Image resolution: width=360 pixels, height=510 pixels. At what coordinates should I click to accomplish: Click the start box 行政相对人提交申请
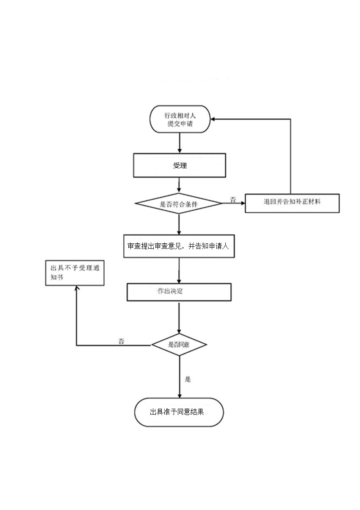pos(180,119)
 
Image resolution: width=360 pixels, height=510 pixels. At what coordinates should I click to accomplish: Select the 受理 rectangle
pos(180,165)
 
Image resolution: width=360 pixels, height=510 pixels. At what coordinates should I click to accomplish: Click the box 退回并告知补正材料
pos(292,203)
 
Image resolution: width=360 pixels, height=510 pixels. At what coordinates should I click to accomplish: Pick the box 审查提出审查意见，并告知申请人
pos(179,246)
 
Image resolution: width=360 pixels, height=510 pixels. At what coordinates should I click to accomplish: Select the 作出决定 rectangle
pos(179,292)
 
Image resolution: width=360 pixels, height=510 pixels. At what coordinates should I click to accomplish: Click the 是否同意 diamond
pos(179,344)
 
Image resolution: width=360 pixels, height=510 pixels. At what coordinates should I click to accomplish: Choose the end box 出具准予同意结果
pos(179,412)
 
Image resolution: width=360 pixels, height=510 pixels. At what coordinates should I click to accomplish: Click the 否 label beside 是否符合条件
pos(233,198)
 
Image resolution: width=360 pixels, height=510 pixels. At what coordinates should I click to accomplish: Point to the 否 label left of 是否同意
pos(121,341)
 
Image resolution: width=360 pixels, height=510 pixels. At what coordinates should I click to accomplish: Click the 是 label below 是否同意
pos(188,379)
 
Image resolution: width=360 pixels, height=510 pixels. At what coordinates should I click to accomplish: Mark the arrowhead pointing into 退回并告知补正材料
pos(243,203)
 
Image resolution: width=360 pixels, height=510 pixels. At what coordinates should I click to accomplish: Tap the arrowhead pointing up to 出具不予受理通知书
pos(76,288)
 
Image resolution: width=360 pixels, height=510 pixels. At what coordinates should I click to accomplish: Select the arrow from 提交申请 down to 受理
pos(180,143)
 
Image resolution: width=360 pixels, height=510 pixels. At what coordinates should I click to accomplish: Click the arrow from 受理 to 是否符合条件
pos(180,185)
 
